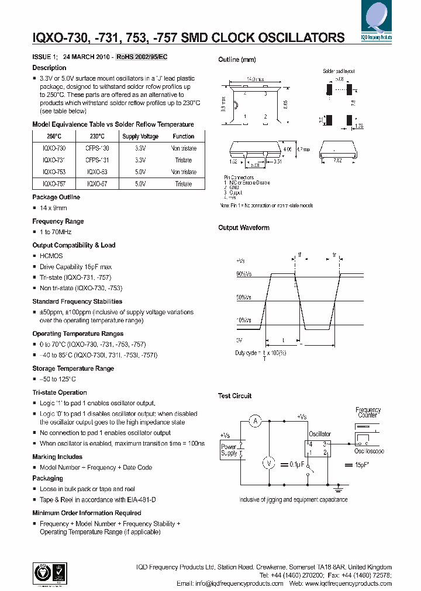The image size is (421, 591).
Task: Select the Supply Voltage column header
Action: click(140, 136)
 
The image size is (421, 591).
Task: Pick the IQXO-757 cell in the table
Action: click(50, 183)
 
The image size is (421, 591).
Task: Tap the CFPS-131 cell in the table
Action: click(97, 159)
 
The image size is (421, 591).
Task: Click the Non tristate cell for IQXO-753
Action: click(183, 172)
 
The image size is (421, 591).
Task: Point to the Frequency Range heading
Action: click(58, 221)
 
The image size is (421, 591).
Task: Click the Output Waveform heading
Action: click(244, 228)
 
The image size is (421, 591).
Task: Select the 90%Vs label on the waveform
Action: click(244, 274)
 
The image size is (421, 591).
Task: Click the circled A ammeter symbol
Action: click(254, 421)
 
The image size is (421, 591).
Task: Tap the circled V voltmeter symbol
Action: click(269, 463)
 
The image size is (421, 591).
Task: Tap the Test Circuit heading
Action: click(235, 396)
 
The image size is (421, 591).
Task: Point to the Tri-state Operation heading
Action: click(60, 392)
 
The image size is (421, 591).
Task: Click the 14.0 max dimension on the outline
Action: click(256, 78)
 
